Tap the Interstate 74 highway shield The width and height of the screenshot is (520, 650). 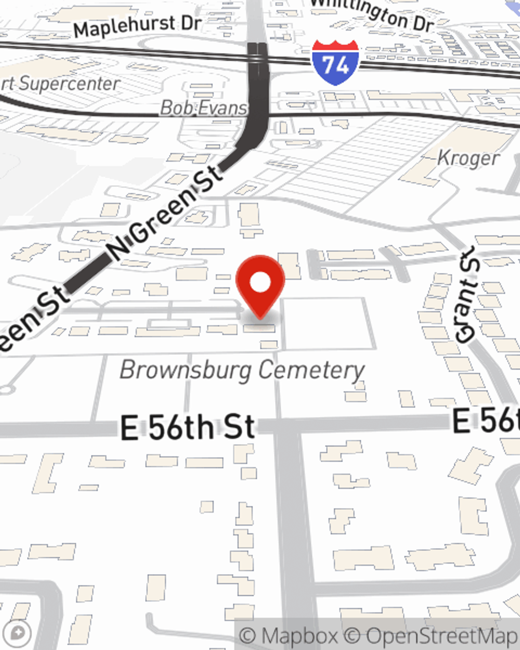click(x=335, y=62)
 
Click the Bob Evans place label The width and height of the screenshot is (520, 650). click(x=203, y=108)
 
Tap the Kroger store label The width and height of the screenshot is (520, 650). click(x=468, y=158)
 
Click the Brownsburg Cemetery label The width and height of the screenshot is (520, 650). click(x=242, y=370)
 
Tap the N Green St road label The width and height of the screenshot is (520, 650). click(x=165, y=213)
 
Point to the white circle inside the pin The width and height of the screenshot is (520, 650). click(x=261, y=282)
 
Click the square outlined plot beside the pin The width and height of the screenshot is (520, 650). click(x=329, y=323)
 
